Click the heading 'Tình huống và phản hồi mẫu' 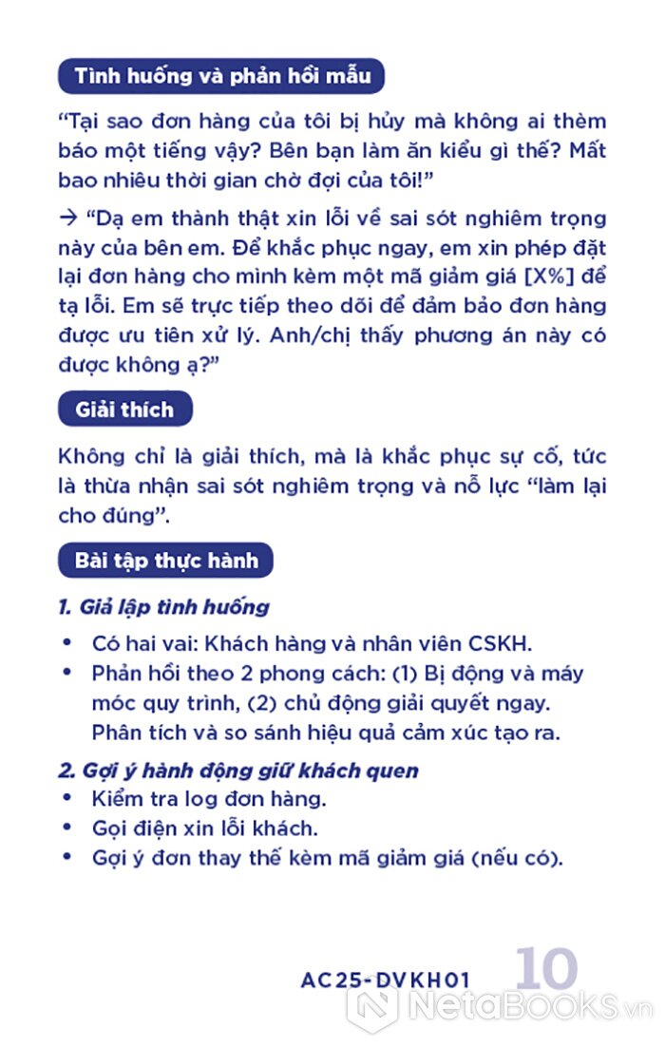click(x=221, y=75)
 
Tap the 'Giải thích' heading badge click(x=124, y=410)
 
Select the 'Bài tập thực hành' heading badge click(x=166, y=561)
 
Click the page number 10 click(x=547, y=970)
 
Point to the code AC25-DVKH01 click(x=386, y=980)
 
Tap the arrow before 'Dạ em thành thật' click(x=66, y=218)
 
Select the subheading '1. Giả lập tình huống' click(x=163, y=607)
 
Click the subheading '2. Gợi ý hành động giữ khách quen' click(x=238, y=770)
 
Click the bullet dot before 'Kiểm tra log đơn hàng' click(x=66, y=797)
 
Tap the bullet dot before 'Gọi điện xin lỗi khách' click(x=66, y=827)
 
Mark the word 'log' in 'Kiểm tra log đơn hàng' click(x=220, y=799)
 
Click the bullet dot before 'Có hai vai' click(x=66, y=642)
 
